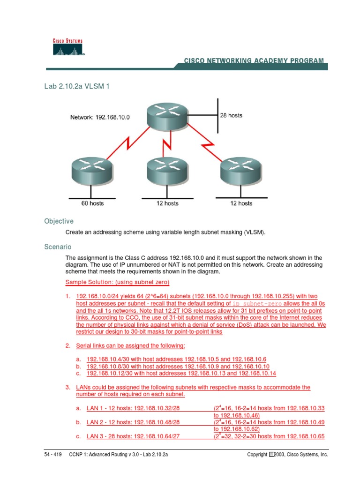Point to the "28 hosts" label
(231, 115)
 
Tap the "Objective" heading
(59, 221)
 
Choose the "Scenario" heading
(58, 247)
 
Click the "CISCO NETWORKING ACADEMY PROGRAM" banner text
(254, 61)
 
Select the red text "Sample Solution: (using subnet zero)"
(117, 282)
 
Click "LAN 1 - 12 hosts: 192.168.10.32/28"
(133, 409)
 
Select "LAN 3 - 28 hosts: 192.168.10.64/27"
(133, 436)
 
